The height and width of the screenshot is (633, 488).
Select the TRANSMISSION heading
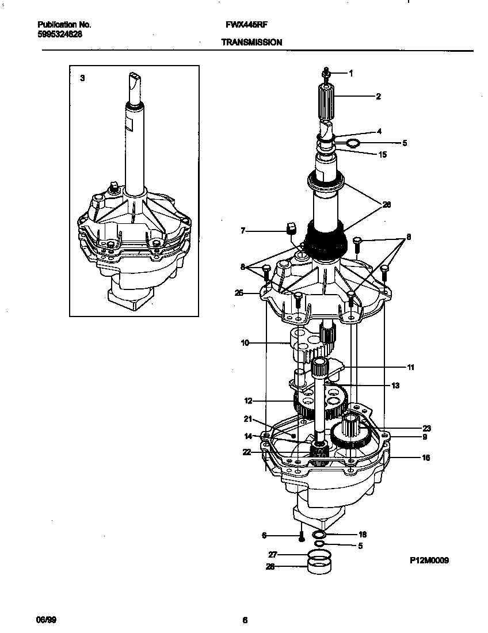tap(251, 42)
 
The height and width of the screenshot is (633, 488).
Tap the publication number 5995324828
tap(59, 34)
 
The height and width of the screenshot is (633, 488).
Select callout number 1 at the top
tap(350, 73)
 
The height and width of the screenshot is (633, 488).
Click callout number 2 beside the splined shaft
tap(378, 97)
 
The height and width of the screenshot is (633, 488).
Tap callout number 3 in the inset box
tap(82, 78)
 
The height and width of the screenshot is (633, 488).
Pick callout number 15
tap(383, 154)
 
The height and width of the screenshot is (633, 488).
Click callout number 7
tap(243, 231)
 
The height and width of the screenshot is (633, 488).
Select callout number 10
tap(245, 344)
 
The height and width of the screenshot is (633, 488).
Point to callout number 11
tap(410, 367)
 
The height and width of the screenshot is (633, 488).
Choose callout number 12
tap(248, 400)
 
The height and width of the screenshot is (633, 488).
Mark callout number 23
tap(426, 428)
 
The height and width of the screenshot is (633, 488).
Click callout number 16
tap(426, 458)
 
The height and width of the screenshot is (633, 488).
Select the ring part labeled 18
tap(318, 535)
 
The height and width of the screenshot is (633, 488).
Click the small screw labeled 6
tap(300, 537)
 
